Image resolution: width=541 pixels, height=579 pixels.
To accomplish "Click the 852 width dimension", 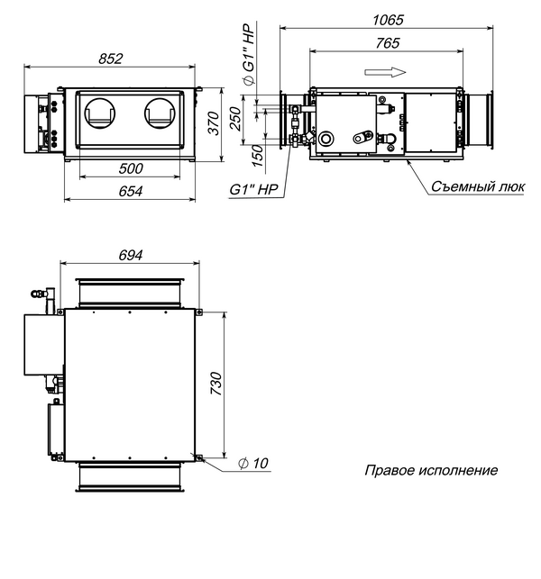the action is pyautogui.click(x=110, y=59).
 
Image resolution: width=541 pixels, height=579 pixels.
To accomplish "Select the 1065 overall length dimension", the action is pyautogui.click(x=388, y=20).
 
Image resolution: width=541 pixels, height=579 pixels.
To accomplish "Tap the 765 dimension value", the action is pyautogui.click(x=388, y=43).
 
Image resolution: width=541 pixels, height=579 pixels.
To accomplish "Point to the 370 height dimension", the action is pyautogui.click(x=214, y=123).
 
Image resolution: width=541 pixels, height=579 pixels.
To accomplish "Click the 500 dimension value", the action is pyautogui.click(x=131, y=168).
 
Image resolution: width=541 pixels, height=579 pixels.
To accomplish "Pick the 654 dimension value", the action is pyautogui.click(x=131, y=191).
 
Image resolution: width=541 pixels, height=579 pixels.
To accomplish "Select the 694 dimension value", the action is pyautogui.click(x=131, y=255).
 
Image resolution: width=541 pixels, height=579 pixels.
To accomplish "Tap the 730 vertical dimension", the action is pyautogui.click(x=216, y=384).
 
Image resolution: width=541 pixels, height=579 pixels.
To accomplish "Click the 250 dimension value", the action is pyautogui.click(x=235, y=119).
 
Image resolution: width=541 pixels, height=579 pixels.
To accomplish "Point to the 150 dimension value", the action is pyautogui.click(x=257, y=155).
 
